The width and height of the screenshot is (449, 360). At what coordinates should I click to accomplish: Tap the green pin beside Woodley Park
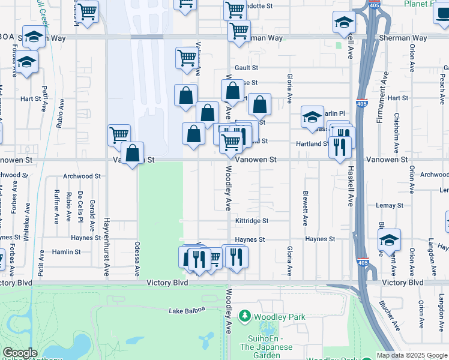[244, 316]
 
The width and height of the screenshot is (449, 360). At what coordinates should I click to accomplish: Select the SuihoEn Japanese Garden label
[266, 342]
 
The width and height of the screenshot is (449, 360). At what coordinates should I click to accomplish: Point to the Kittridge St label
[252, 221]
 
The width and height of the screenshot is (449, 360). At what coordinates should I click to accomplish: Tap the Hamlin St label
[66, 252]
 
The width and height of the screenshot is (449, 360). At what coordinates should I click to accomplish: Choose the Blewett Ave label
[306, 209]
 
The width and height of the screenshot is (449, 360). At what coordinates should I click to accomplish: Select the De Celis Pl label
[80, 208]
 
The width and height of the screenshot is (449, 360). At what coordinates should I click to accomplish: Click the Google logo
[20, 353]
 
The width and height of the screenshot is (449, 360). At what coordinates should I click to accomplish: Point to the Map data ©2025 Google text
[411, 355]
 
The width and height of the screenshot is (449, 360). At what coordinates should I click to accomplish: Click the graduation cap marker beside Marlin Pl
[312, 118]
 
